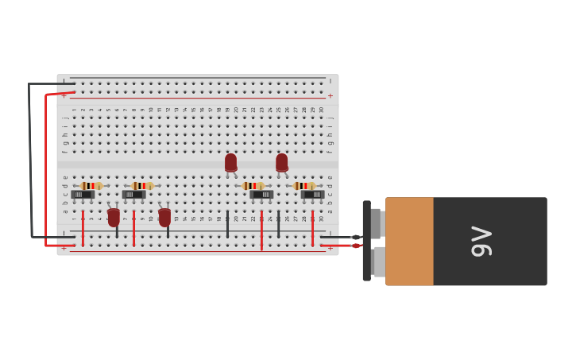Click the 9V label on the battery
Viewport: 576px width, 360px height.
[x=482, y=242]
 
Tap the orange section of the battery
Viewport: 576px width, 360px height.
[x=409, y=242]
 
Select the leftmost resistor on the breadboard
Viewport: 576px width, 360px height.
[x=91, y=186]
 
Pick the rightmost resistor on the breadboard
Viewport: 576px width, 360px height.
[x=304, y=186]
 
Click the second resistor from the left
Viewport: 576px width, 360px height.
[x=142, y=186]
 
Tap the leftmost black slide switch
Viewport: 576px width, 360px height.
[x=83, y=195]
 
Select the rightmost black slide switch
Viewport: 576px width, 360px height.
[x=312, y=195]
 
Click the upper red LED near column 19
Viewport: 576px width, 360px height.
[x=230, y=163]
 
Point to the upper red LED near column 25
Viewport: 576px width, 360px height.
[x=281, y=163]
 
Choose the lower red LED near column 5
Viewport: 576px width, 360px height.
[x=114, y=217]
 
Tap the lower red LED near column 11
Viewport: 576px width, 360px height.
[x=164, y=217]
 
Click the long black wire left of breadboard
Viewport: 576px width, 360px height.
[x=30, y=159]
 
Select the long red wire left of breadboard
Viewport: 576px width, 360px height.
[x=46, y=171]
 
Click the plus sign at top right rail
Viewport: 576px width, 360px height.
[x=331, y=96]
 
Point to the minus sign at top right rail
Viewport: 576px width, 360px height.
[x=331, y=81]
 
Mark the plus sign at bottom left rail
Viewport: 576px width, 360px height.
[x=64, y=249]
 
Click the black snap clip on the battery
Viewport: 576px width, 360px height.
[x=366, y=241]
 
